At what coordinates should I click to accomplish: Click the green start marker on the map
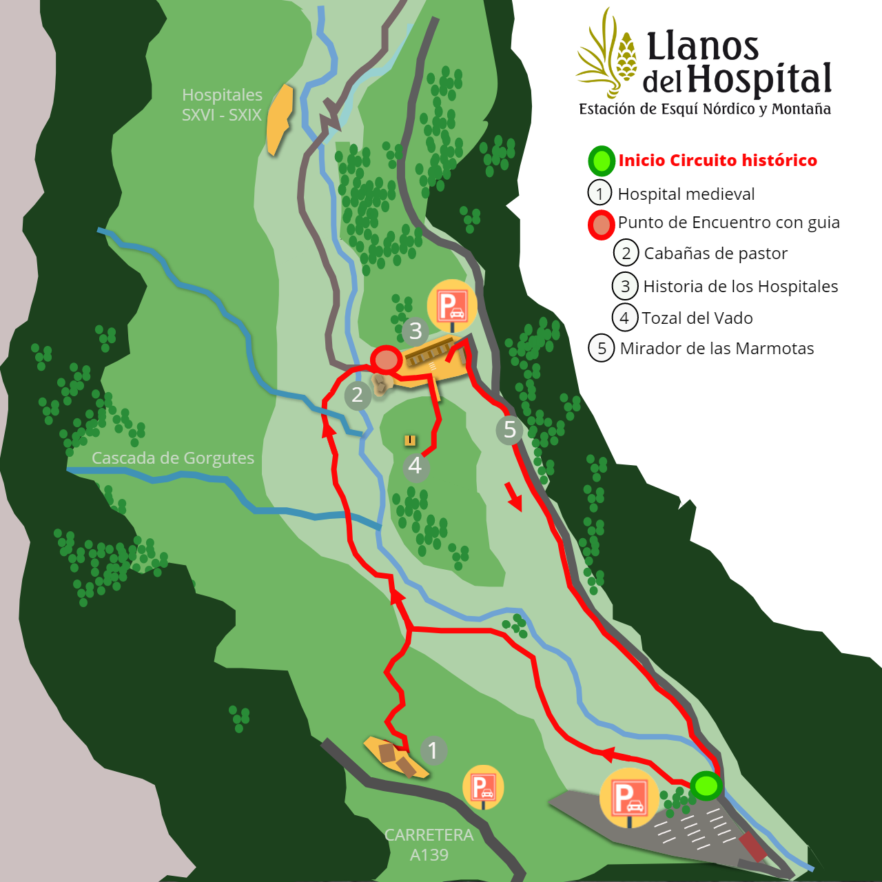(x=706, y=786)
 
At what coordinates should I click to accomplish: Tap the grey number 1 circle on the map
(x=433, y=750)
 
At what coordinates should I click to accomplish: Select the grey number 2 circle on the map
(x=357, y=395)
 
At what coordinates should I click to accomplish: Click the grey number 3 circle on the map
(x=415, y=331)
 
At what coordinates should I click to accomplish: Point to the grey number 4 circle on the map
(x=415, y=466)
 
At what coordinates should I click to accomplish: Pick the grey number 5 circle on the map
(x=509, y=429)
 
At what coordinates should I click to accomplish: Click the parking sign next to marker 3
(x=452, y=305)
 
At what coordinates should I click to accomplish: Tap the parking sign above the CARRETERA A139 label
(x=483, y=786)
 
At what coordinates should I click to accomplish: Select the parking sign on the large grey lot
(x=628, y=798)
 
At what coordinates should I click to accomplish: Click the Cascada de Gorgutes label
(x=173, y=458)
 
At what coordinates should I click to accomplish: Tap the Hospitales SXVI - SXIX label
(x=222, y=105)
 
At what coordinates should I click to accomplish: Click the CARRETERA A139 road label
(x=429, y=845)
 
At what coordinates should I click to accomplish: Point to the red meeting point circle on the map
(x=386, y=359)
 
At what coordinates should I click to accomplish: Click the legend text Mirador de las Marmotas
(x=717, y=349)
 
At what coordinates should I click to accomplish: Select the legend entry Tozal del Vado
(x=697, y=318)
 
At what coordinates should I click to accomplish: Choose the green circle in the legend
(x=601, y=161)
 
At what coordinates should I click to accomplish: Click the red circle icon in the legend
(x=601, y=225)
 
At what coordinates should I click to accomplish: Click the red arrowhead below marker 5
(x=514, y=498)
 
